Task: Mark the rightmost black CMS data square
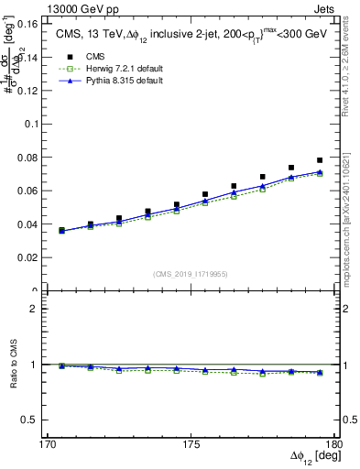[320, 160]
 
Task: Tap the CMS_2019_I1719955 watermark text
[190, 273]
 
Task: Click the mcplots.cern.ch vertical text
[348, 220]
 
